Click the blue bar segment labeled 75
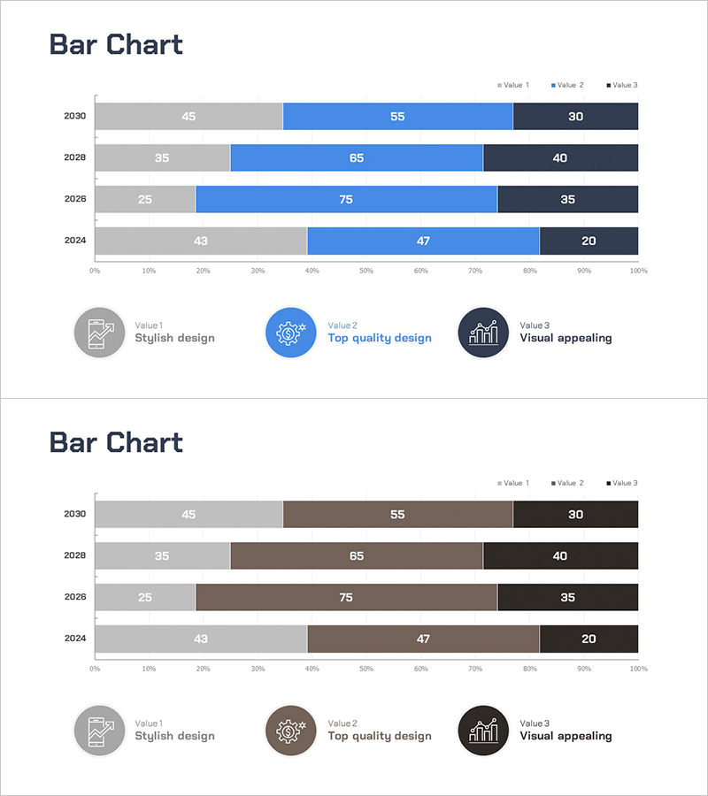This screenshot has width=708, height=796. click(x=346, y=199)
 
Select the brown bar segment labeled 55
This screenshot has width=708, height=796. click(x=397, y=515)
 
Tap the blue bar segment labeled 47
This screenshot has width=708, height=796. click(x=423, y=241)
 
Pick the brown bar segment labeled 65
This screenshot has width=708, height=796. click(x=357, y=556)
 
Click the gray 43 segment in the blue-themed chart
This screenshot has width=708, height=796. click(x=201, y=241)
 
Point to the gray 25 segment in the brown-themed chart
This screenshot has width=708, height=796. click(x=145, y=597)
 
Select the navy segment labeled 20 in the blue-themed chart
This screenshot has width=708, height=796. click(x=589, y=241)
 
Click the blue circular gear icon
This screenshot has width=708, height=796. click(x=291, y=333)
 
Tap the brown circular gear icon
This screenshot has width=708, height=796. click(x=291, y=731)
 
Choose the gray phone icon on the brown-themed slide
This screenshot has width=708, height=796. click(x=98, y=731)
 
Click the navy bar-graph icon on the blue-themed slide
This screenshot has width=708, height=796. click(x=483, y=333)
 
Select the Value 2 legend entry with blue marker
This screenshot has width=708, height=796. click(x=567, y=85)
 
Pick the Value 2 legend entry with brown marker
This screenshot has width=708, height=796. click(x=567, y=483)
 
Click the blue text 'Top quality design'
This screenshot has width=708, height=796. click(x=380, y=338)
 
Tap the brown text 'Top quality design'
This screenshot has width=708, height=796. click(x=380, y=736)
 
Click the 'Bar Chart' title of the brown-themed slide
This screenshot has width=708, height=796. click(x=116, y=442)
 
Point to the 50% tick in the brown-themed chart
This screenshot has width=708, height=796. click(x=366, y=669)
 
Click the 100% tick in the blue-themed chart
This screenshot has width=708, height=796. click(x=638, y=271)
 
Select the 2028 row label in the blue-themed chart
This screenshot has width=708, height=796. click(x=74, y=157)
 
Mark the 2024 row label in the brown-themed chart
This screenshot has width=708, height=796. click(x=74, y=638)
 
